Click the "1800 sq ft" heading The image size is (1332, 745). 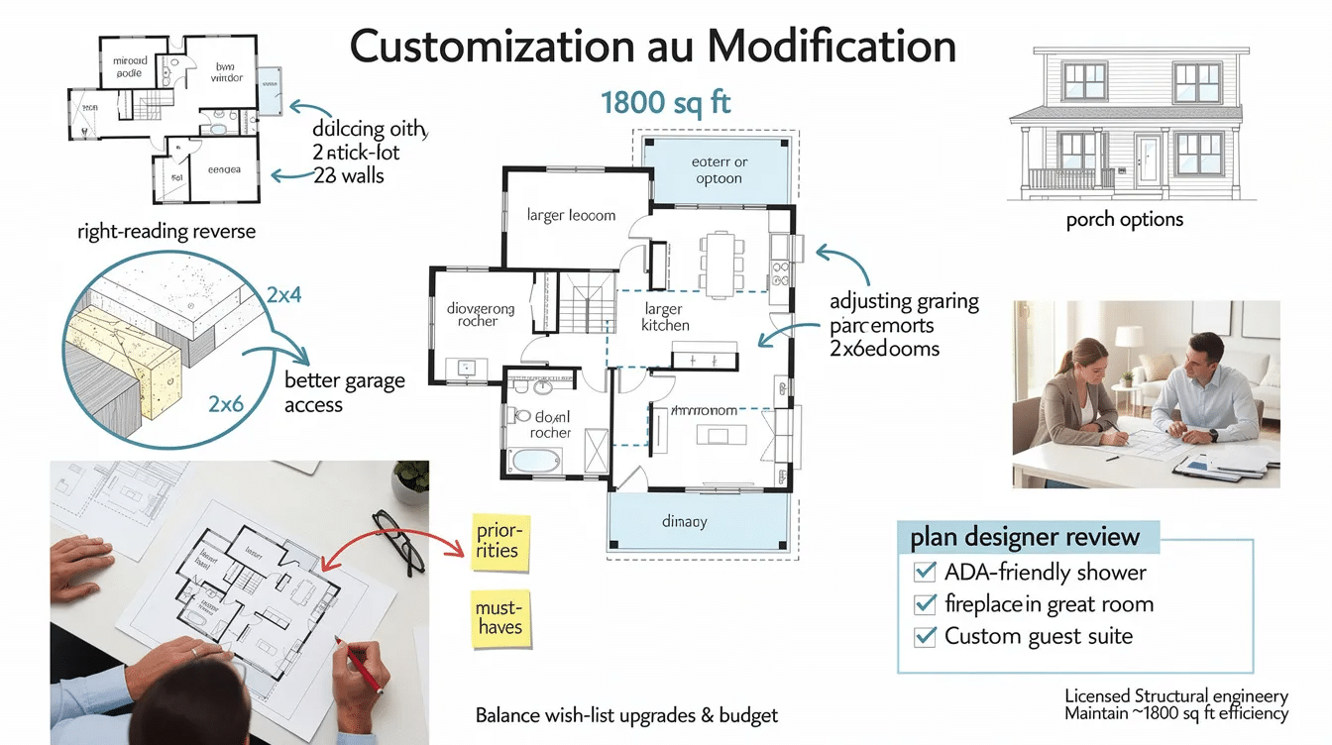[665, 103]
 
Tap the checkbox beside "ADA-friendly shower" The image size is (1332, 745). [925, 572]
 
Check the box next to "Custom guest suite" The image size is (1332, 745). [925, 636]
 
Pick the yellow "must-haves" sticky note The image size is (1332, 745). [498, 618]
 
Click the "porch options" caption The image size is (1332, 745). [1124, 219]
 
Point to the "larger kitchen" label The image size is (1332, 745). [664, 317]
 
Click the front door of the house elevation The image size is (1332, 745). [1147, 162]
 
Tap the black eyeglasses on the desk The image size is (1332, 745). [398, 541]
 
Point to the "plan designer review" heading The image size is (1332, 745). [1025, 538]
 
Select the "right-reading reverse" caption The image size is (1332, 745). [166, 232]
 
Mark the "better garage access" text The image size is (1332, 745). [344, 392]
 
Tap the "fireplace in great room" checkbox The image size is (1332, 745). [925, 603]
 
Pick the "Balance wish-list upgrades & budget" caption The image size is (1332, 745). [626, 715]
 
